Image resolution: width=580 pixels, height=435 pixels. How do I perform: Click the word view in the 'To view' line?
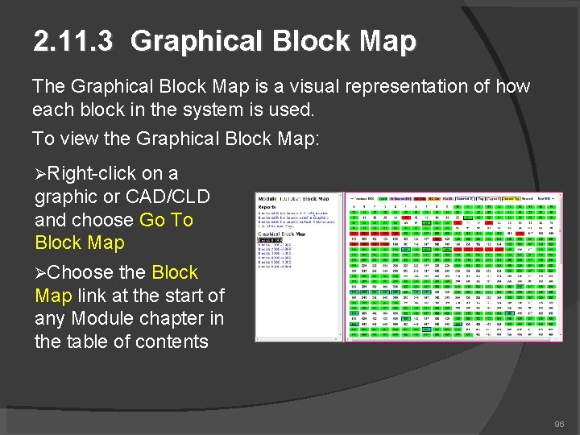[79, 139]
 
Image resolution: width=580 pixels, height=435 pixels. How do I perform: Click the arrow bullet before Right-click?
[40, 174]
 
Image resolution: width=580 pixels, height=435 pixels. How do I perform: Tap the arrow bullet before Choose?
[40, 273]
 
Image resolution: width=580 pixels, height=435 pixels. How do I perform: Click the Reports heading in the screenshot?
[267, 206]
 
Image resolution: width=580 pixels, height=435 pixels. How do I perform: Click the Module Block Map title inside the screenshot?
[292, 197]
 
